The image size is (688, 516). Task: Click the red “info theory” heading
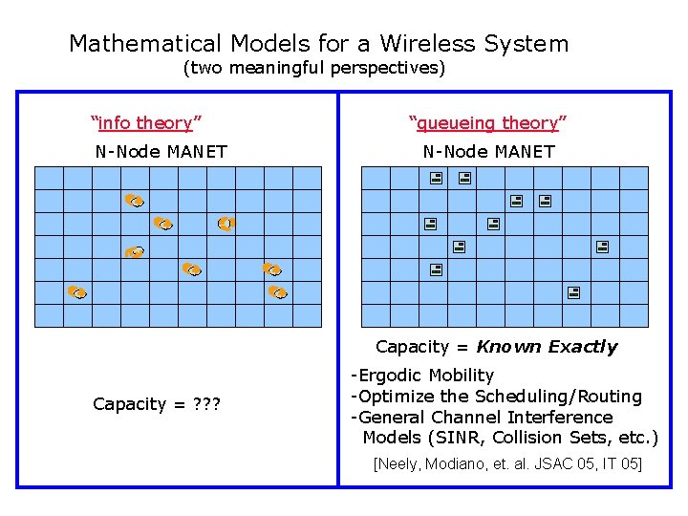click(x=145, y=122)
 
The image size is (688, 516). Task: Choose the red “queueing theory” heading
click(x=487, y=122)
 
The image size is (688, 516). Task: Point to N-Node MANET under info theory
click(x=161, y=151)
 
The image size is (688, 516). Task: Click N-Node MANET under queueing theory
click(x=488, y=151)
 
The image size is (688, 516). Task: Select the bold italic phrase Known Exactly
click(x=547, y=347)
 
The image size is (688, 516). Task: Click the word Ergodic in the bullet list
click(x=391, y=376)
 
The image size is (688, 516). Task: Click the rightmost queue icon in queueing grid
click(x=603, y=247)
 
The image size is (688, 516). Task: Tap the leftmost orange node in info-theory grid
click(x=76, y=291)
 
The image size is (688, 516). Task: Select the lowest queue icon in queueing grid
click(x=572, y=291)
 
